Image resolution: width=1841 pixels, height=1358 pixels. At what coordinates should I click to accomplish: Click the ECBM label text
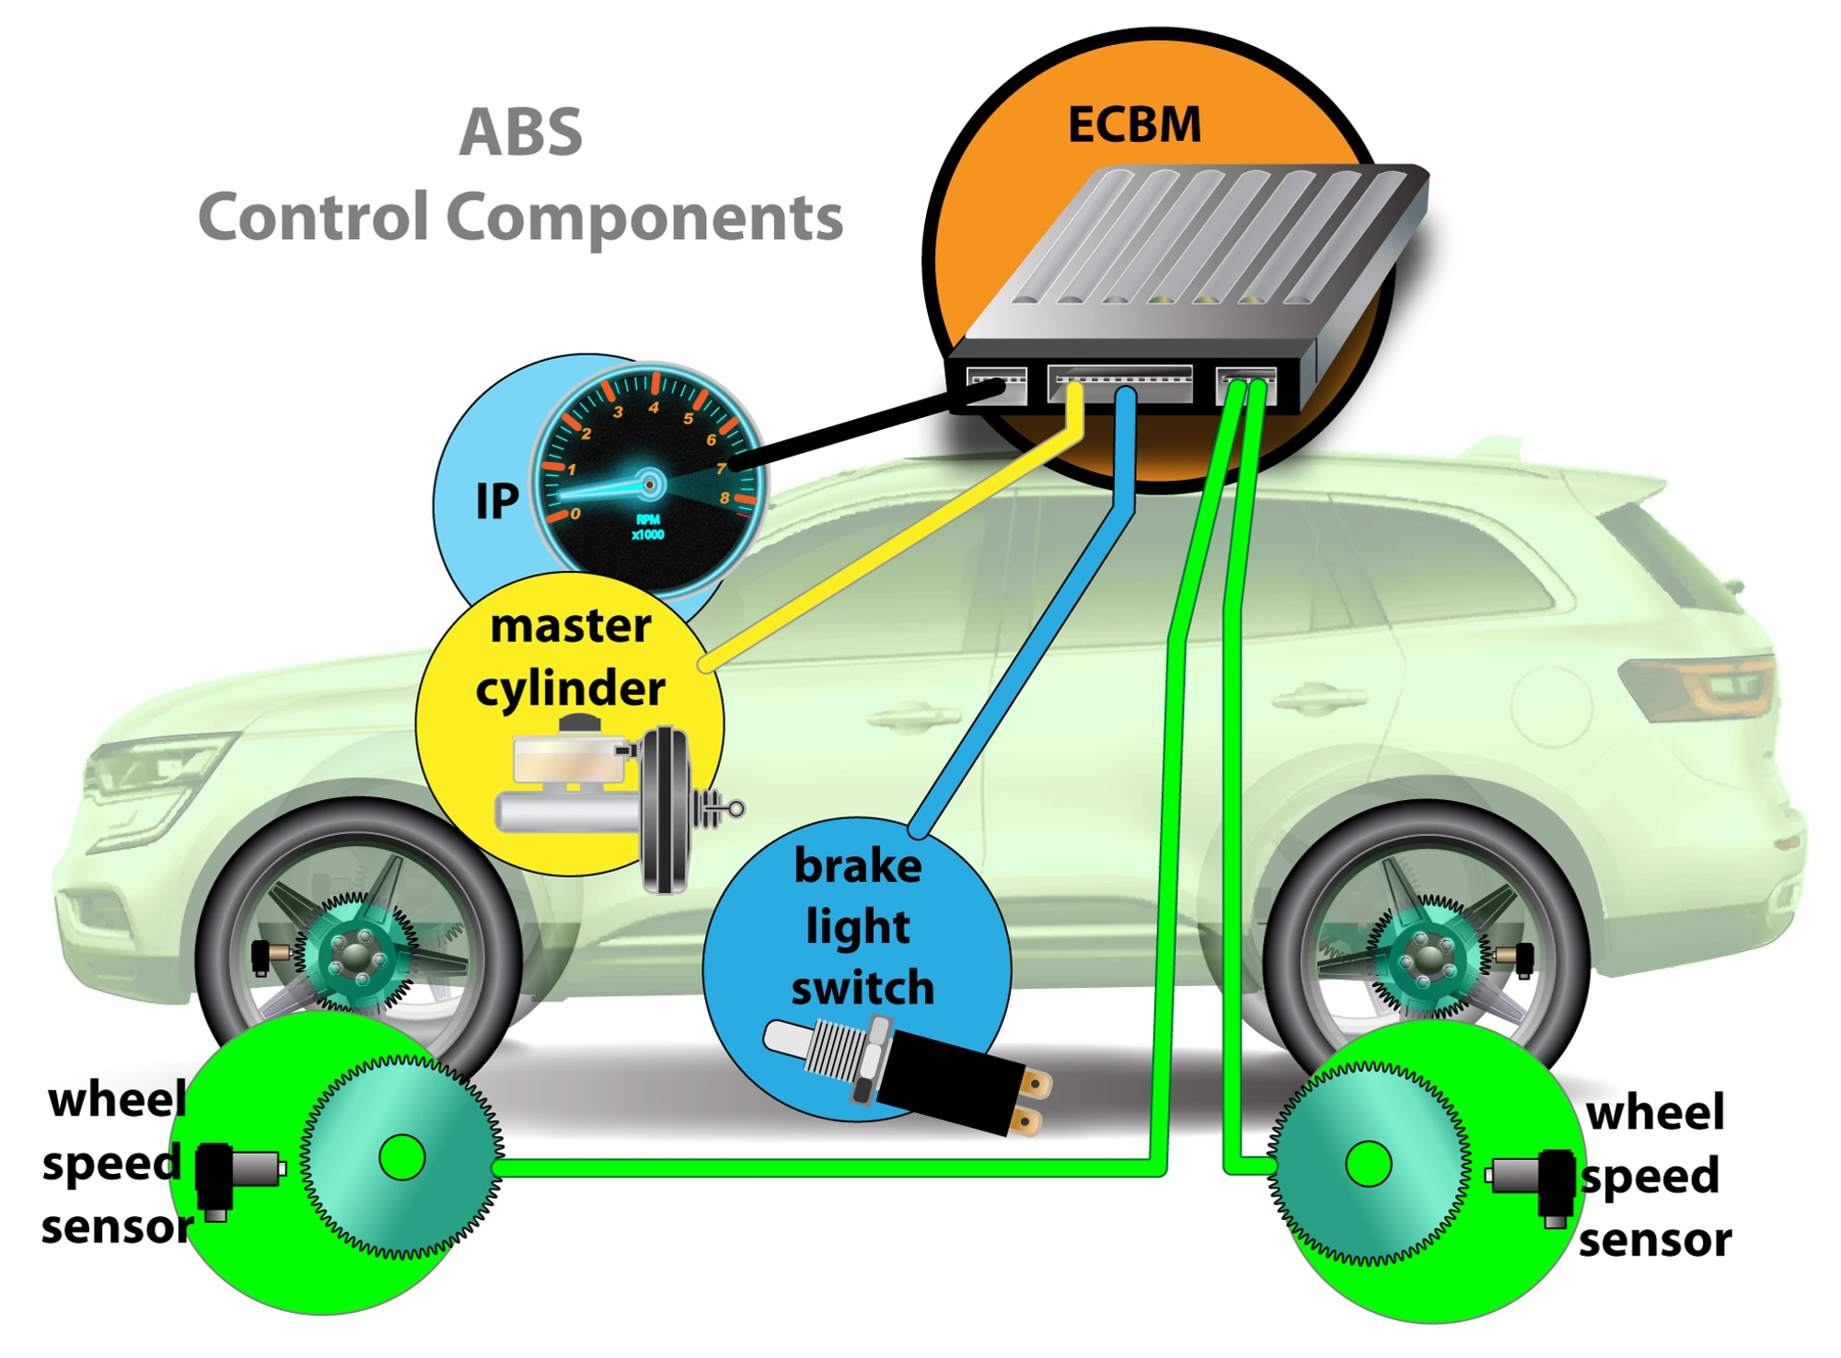[1134, 124]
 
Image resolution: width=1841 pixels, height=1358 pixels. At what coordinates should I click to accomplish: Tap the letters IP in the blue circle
[497, 502]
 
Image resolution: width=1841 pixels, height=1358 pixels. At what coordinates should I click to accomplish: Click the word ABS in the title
[521, 133]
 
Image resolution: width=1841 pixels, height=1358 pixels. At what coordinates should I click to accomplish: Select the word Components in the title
[644, 218]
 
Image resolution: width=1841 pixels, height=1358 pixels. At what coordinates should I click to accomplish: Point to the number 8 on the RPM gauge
[725, 498]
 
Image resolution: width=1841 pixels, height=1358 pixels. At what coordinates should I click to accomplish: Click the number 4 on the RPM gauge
[654, 407]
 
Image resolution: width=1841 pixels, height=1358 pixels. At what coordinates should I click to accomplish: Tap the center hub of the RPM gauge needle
[650, 484]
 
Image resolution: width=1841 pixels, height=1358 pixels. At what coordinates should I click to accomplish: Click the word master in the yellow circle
[571, 626]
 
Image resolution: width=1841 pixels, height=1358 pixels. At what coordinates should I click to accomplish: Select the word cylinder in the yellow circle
[571, 689]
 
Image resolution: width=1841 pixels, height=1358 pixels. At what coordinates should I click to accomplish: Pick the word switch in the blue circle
[863, 987]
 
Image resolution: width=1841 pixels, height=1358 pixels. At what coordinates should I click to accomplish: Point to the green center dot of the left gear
[402, 1157]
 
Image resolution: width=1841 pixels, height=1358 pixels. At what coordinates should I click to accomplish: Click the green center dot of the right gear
[1369, 1165]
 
